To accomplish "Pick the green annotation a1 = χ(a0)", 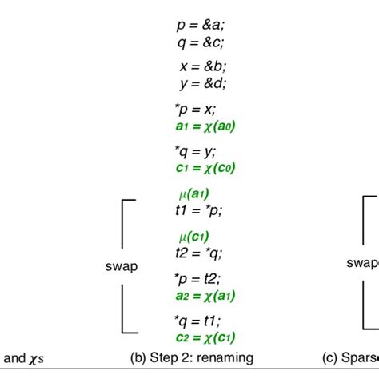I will pyautogui.click(x=205, y=126).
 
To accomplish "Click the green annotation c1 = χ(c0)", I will pyautogui.click(x=205, y=168).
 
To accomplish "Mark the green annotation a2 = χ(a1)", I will pyautogui.click(x=205, y=295).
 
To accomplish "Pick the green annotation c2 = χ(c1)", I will pyautogui.click(x=205, y=337).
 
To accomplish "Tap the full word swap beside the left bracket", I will pyautogui.click(x=121, y=267).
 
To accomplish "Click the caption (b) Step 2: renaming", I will pyautogui.click(x=191, y=359).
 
